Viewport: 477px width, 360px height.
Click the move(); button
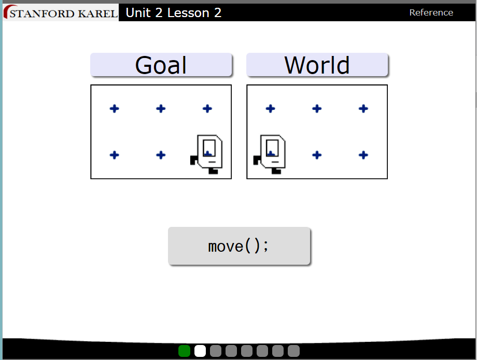239,246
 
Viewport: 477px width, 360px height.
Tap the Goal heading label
161,65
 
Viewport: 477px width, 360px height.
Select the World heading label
317,65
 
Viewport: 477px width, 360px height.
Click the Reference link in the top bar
431,12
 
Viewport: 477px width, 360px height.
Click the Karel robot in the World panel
270,154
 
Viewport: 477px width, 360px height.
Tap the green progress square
184,351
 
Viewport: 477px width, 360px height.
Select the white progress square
200,351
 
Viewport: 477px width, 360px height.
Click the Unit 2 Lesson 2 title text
174,12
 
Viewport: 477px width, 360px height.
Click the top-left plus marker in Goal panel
114,108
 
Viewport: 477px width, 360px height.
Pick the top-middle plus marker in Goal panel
161,108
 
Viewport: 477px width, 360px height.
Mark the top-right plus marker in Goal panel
207,108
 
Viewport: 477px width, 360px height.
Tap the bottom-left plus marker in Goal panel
114,155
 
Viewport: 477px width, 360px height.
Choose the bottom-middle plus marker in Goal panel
161,155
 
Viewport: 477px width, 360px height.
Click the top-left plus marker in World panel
270,108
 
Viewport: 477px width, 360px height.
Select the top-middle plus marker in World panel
317,108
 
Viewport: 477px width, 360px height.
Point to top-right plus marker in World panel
363,108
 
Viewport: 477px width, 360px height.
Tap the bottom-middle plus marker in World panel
317,155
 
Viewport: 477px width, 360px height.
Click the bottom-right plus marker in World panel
363,155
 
